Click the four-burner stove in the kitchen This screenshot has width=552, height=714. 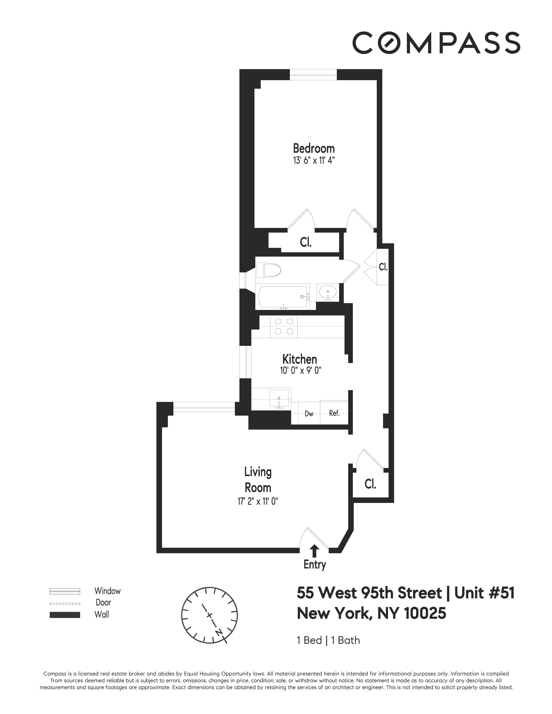tap(284, 326)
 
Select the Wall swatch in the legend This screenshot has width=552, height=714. tap(65, 615)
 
